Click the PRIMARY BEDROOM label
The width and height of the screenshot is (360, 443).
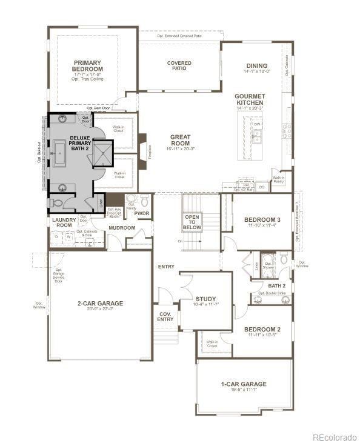(88, 65)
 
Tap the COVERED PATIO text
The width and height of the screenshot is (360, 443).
(179, 65)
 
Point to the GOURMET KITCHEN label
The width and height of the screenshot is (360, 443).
(250, 99)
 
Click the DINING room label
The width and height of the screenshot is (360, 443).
(256, 66)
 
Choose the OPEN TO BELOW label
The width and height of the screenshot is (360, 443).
(193, 222)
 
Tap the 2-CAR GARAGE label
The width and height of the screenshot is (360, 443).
(100, 303)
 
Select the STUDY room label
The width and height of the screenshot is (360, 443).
(205, 299)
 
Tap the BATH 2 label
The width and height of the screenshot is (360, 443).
(276, 285)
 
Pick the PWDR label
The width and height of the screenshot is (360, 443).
(142, 213)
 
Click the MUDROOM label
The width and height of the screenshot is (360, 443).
(122, 228)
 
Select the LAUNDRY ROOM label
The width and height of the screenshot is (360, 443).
(63, 222)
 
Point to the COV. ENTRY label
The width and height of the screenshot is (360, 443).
(165, 316)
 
